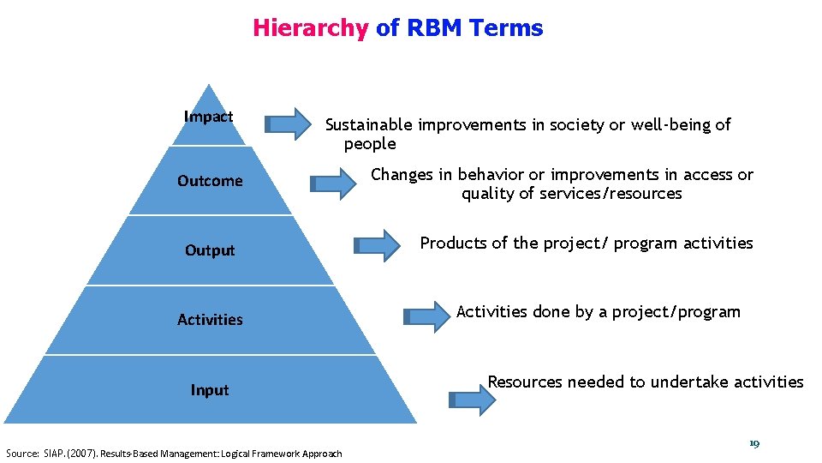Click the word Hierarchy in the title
(x=309, y=28)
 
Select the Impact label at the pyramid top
(x=209, y=117)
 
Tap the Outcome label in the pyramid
(x=210, y=181)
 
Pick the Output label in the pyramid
(x=210, y=250)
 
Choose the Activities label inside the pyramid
(x=210, y=320)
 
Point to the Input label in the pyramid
(x=210, y=390)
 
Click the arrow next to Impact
(x=289, y=124)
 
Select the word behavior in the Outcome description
(x=490, y=175)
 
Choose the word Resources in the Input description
(x=525, y=382)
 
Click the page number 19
(x=753, y=443)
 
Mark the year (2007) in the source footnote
(x=83, y=454)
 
